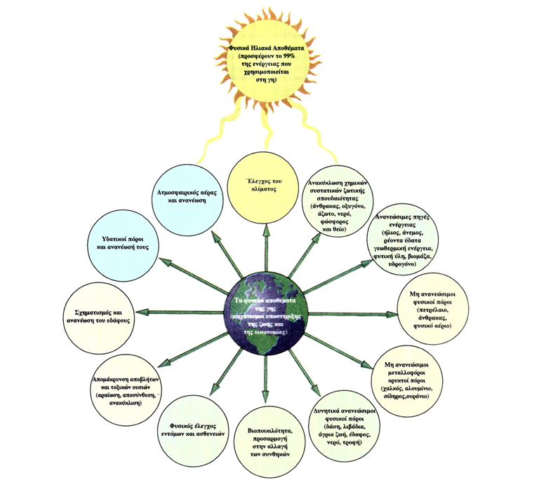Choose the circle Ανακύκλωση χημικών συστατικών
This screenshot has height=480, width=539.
(344, 201)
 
